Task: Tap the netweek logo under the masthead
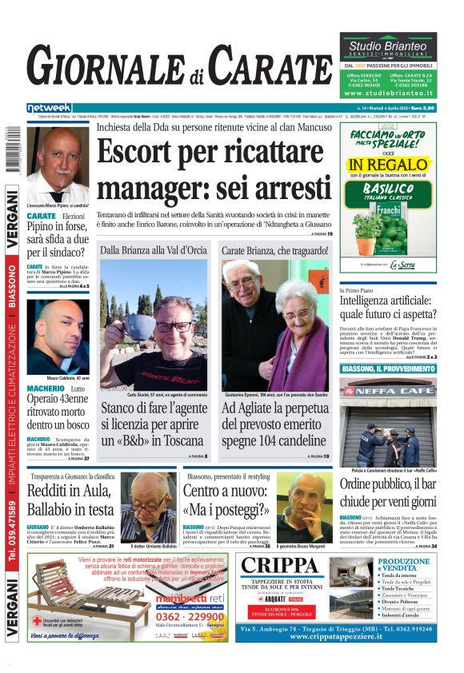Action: coord(50,108)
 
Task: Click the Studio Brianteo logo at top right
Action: coord(388,47)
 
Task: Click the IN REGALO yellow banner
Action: coord(387,165)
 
